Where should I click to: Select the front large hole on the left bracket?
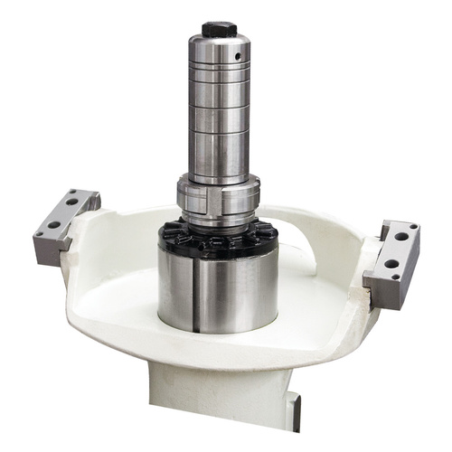click(54, 223)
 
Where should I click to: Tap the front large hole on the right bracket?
click(394, 264)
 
